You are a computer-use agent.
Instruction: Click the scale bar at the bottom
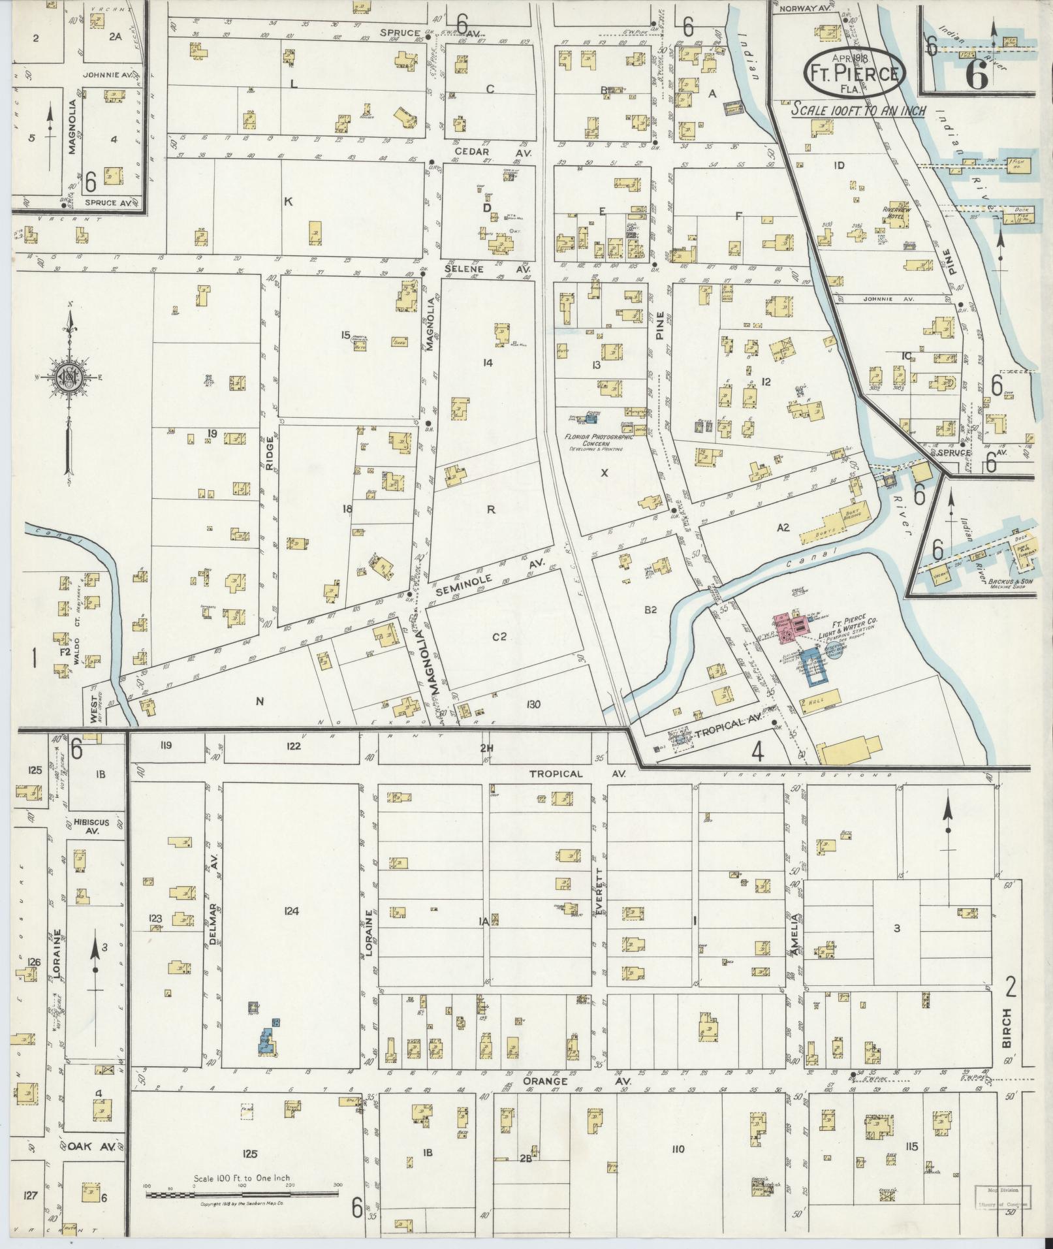(242, 1194)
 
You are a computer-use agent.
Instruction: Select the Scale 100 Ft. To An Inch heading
(858, 110)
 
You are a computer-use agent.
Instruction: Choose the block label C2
(499, 637)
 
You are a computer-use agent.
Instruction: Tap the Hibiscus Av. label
(96, 826)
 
